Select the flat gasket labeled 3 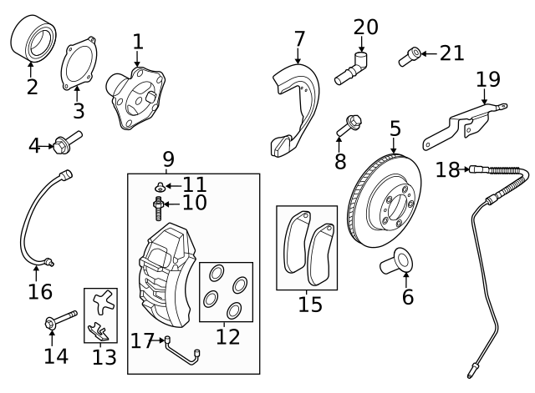78,63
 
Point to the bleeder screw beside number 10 159,202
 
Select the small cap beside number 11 160,185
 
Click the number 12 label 227,336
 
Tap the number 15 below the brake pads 310,304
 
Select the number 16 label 40,292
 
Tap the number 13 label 104,357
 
